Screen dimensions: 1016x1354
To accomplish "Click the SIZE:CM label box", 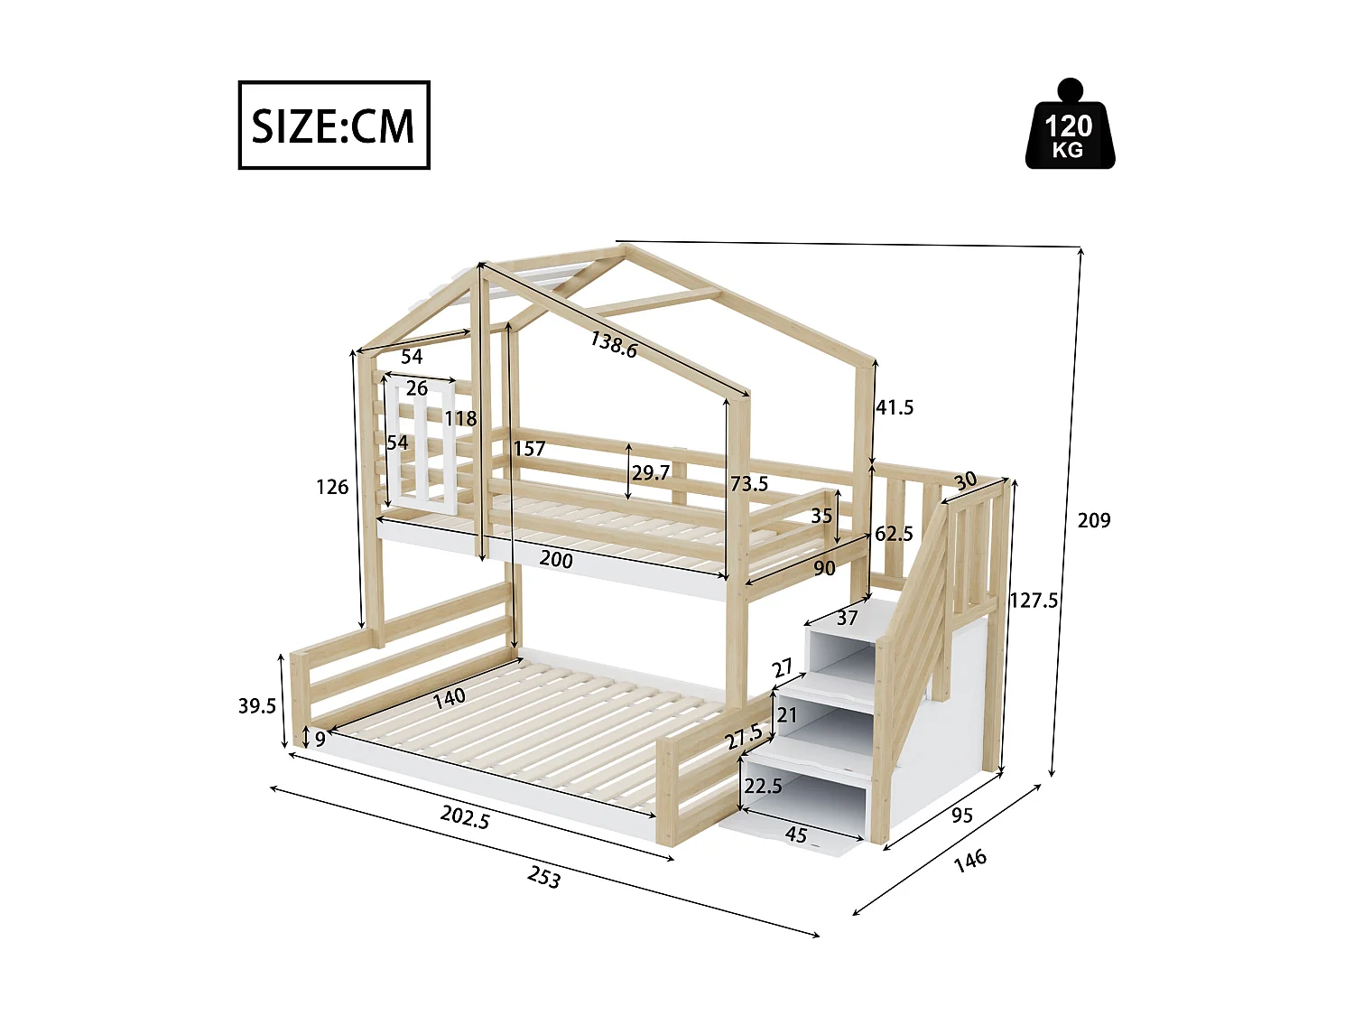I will [333, 126].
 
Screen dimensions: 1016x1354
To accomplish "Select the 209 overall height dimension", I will [1094, 520].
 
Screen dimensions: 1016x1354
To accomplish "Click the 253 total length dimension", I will [544, 877].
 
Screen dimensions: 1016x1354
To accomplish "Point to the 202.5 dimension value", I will [465, 816].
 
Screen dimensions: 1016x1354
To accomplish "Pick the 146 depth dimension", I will [969, 860].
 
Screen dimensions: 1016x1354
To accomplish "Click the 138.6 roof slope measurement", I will [614, 344].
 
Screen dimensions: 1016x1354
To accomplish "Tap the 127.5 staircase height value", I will [1034, 601].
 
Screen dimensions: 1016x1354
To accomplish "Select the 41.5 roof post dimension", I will [895, 407].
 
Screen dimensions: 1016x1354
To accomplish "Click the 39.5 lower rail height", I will [257, 705].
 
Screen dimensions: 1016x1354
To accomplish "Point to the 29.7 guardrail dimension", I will [651, 472].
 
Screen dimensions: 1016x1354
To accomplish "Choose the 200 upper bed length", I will [556, 560].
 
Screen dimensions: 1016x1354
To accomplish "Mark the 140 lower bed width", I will [449, 697].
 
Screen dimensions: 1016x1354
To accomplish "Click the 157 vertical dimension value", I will [530, 448].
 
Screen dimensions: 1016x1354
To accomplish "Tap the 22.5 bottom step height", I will [763, 786].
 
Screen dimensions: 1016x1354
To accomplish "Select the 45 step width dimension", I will [795, 834].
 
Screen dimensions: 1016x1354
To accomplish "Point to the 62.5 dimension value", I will [894, 534].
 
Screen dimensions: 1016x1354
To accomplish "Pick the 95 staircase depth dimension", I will [962, 815].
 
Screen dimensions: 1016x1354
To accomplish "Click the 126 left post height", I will [332, 487].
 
